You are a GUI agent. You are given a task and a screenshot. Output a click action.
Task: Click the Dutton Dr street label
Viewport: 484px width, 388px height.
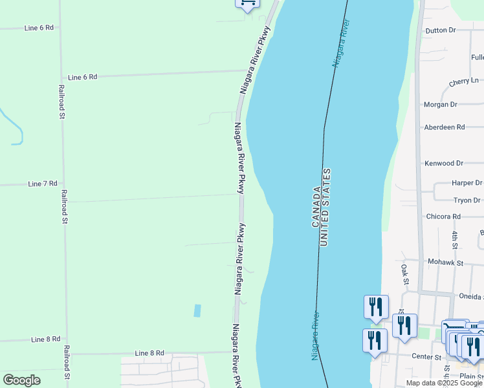click(440, 30)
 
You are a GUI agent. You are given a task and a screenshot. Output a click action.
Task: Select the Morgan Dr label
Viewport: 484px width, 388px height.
click(440, 104)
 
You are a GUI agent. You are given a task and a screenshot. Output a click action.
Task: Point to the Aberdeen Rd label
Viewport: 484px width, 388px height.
click(444, 127)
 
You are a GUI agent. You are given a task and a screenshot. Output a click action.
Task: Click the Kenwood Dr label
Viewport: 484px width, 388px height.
click(444, 164)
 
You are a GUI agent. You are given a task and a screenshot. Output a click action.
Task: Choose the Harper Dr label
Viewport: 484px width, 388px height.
click(467, 183)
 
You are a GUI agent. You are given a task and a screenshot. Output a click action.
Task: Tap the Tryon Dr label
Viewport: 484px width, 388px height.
click(467, 200)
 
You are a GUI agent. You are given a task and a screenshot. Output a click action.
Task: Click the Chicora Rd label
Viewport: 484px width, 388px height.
click(443, 216)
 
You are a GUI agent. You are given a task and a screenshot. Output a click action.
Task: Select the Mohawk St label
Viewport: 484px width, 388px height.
click(446, 263)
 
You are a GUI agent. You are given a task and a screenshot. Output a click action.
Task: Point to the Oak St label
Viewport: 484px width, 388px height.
click(404, 274)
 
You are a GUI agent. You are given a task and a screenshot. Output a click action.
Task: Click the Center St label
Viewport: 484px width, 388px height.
click(428, 356)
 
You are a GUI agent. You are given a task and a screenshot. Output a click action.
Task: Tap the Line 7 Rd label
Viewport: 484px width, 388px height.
click(43, 184)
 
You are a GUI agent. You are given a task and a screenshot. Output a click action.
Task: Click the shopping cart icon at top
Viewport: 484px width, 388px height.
click(247, 3)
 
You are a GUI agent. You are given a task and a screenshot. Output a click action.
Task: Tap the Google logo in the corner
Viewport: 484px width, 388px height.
click(21, 380)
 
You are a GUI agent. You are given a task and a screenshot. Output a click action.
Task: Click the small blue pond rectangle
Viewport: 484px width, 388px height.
click(197, 310)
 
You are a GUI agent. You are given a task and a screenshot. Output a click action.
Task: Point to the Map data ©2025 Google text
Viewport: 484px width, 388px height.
click(445, 383)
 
